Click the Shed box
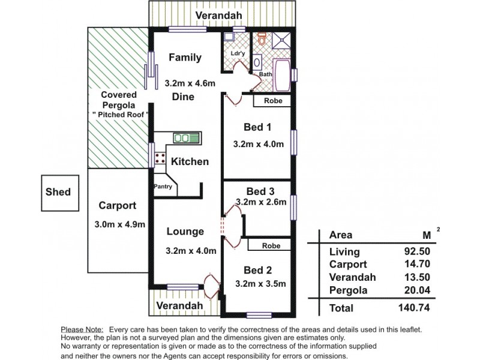pyautogui.click(x=58, y=192)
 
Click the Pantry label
pyautogui.click(x=163, y=187)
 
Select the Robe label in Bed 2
pyautogui.click(x=272, y=245)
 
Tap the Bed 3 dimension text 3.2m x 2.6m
pyautogui.click(x=260, y=202)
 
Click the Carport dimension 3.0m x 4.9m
pyautogui.click(x=120, y=224)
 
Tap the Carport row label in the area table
pyautogui.click(x=348, y=265)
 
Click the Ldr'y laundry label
pyautogui.click(x=238, y=53)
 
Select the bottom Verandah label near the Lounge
pyautogui.click(x=179, y=305)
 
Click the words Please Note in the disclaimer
pyautogui.click(x=81, y=329)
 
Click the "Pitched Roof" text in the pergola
pyautogui.click(x=120, y=114)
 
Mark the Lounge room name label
pyautogui.click(x=185, y=232)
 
